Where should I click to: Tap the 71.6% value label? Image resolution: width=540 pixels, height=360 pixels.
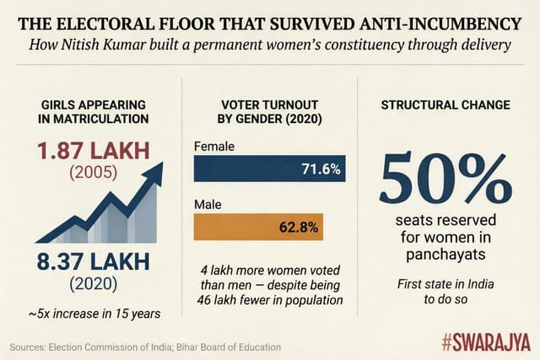pyautogui.click(x=321, y=169)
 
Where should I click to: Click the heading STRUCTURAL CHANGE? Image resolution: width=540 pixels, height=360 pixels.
pyautogui.click(x=445, y=105)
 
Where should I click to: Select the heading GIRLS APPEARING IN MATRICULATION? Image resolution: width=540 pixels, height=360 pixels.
pyautogui.click(x=95, y=112)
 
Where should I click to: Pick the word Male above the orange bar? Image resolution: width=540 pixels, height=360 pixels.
pyautogui.click(x=208, y=202)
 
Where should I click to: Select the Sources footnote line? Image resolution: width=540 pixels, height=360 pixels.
pyautogui.click(x=145, y=347)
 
